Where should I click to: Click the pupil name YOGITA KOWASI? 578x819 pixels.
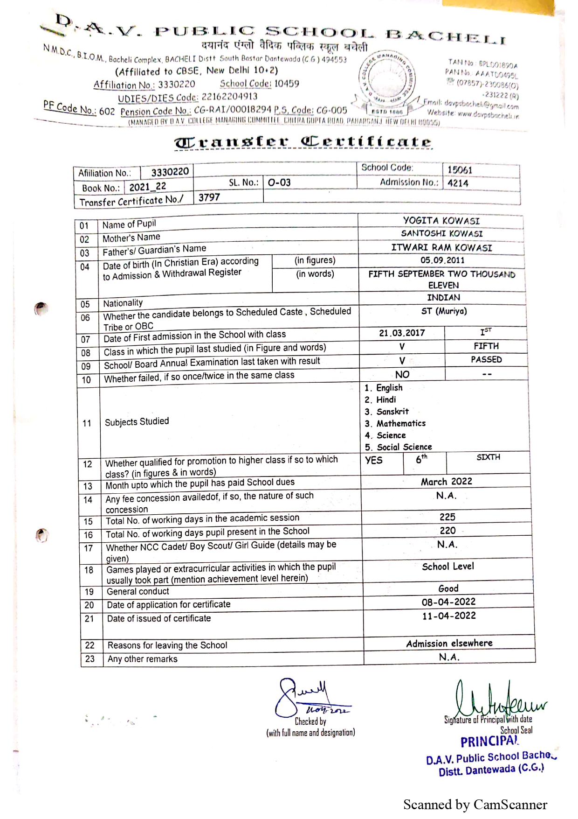(441, 221)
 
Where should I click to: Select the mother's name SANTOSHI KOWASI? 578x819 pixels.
(442, 234)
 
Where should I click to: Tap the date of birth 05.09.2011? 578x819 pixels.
(442, 260)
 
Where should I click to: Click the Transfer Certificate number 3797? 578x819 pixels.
(209, 197)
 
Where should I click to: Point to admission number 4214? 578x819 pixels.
(458, 183)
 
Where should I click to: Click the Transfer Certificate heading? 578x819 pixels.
(303, 142)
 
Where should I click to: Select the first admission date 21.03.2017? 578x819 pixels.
(402, 333)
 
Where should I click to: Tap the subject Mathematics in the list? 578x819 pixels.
(401, 424)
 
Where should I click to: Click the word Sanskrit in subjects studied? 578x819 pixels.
(392, 412)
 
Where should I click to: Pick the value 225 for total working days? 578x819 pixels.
(447, 517)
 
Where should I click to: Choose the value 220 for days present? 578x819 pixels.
(447, 531)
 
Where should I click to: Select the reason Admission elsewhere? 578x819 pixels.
(449, 644)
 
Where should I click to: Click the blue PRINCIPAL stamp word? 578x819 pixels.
(489, 742)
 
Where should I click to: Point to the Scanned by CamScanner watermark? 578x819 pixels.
(475, 805)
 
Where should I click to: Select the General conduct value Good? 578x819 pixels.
(448, 588)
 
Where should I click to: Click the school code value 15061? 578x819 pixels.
(460, 170)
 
